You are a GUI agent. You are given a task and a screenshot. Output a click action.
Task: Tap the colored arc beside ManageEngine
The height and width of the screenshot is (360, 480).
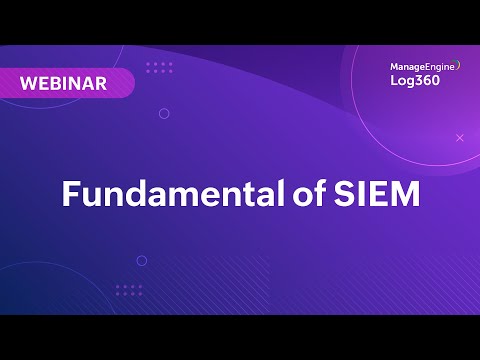pyautogui.click(x=458, y=66)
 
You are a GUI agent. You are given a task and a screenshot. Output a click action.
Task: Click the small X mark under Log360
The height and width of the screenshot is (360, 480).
pyautogui.click(x=460, y=137)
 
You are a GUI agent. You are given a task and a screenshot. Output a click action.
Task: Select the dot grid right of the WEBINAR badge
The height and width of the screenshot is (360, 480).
pyautogui.click(x=159, y=68)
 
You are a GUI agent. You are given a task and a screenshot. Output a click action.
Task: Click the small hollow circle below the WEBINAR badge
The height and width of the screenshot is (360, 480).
pyautogui.click(x=164, y=113)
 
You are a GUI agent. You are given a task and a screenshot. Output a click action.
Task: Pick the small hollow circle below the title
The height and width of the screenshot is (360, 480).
pyautogui.click(x=142, y=260)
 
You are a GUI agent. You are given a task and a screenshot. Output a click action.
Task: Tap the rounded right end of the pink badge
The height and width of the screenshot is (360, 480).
pyautogui.click(x=127, y=84)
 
